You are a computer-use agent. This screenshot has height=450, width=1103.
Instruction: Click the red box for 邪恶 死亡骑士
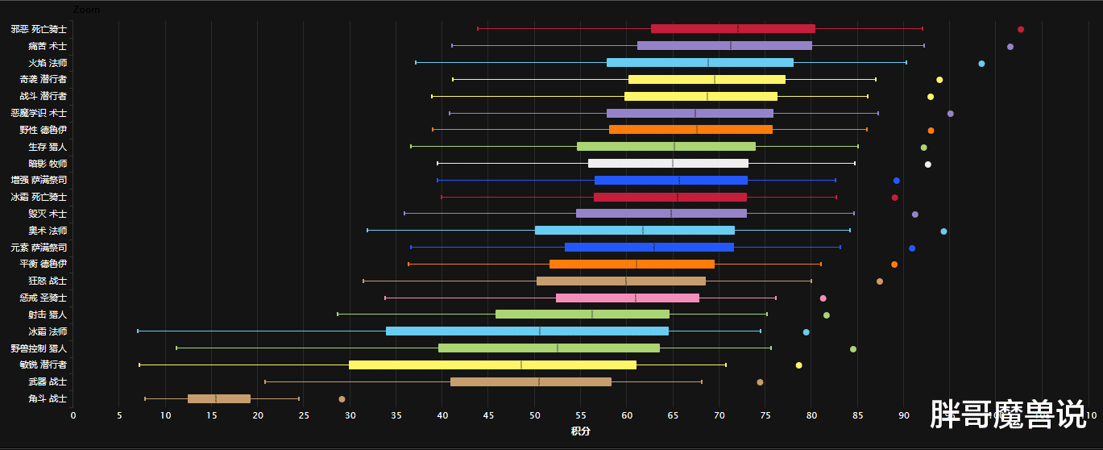point(732,29)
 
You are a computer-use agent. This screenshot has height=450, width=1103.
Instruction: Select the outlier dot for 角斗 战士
point(342,399)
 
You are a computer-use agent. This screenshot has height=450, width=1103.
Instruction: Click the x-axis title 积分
point(580,431)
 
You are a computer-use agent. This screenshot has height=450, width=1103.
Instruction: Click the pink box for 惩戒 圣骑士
point(627,298)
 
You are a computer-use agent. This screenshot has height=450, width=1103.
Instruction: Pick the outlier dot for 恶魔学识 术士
point(951,114)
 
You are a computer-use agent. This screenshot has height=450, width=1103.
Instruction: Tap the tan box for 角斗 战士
point(218,398)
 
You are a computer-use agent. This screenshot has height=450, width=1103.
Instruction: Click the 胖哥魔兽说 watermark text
point(1008,415)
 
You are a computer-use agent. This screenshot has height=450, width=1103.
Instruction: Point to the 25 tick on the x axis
point(304,415)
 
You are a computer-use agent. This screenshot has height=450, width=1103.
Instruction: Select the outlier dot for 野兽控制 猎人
point(853,349)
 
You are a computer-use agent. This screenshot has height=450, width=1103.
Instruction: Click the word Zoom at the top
point(86,10)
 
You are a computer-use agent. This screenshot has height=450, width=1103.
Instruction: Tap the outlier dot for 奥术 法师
point(943,231)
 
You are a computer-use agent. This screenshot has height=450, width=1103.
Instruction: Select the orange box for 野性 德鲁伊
point(690,130)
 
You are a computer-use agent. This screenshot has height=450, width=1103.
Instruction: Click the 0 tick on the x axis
point(73,415)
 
